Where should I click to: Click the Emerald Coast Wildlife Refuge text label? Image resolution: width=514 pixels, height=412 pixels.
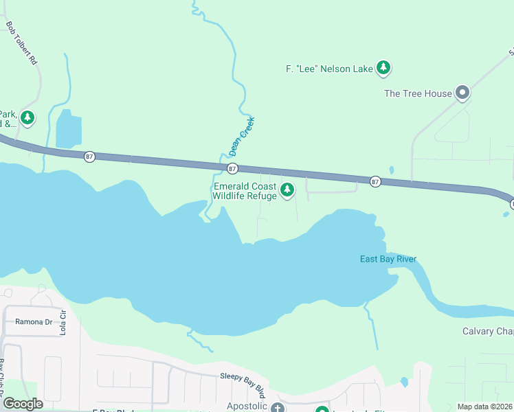click(245, 191)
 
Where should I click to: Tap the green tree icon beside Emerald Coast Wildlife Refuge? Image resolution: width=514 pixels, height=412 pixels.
click(287, 190)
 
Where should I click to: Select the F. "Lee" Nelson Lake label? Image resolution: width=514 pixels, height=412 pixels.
click(329, 68)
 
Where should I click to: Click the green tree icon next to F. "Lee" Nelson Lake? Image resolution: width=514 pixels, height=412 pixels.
click(383, 67)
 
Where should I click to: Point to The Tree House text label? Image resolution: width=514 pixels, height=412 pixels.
click(418, 93)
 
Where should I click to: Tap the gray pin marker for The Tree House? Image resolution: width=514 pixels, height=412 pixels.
click(462, 92)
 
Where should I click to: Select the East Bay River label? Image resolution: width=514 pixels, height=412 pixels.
click(388, 259)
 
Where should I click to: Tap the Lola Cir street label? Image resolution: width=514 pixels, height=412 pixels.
click(63, 321)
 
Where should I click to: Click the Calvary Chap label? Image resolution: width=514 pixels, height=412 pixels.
click(487, 332)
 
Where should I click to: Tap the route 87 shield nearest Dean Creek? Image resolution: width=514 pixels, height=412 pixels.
click(232, 168)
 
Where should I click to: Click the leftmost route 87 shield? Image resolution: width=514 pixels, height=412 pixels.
click(89, 157)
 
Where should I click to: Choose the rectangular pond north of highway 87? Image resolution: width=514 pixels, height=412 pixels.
click(68, 128)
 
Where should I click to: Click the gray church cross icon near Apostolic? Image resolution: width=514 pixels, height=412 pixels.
click(277, 408)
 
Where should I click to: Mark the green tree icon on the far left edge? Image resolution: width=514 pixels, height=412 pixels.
click(27, 118)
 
